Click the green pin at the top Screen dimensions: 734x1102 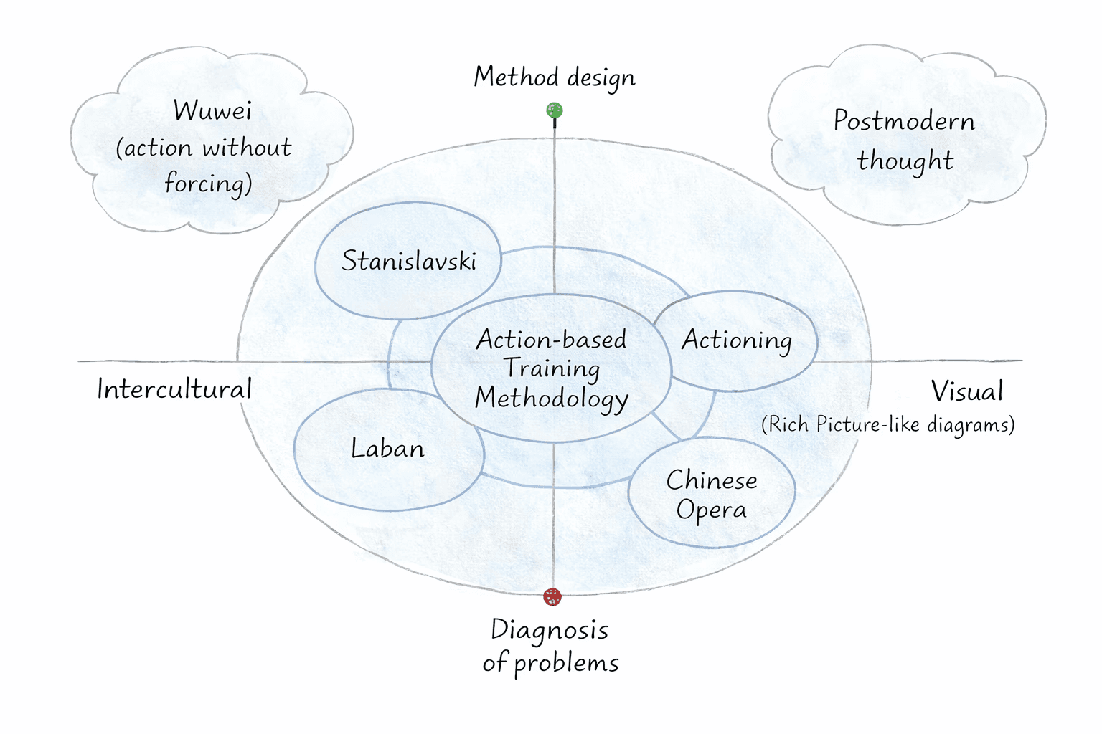554,110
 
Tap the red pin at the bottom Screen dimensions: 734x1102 552,596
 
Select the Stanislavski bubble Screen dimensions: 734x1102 408,261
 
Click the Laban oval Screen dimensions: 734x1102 388,449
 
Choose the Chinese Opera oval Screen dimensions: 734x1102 712,494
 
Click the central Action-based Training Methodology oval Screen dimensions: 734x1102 551,368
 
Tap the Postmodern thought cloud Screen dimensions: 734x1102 905,140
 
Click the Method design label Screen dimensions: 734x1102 554,77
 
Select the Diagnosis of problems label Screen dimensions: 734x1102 550,646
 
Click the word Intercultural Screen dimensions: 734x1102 174,389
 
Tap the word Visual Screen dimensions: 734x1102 966,391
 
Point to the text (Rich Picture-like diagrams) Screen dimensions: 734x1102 887,424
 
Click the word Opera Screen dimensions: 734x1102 711,510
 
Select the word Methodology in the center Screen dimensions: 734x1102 551,399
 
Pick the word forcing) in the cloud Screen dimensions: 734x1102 208,184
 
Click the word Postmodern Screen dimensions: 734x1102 904,121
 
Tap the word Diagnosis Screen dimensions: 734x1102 550,631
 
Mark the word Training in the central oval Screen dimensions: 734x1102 551,368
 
